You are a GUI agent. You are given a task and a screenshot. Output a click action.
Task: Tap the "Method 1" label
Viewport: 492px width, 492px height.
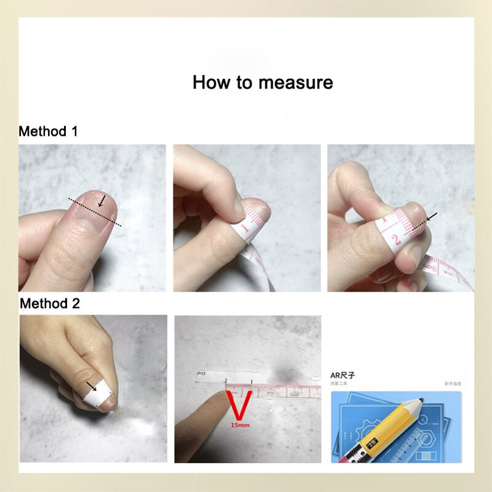pyautogui.click(x=48, y=131)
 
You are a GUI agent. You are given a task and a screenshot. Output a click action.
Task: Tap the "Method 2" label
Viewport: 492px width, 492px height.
pyautogui.click(x=49, y=303)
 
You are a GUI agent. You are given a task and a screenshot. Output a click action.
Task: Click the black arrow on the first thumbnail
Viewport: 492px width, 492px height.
pyautogui.click(x=102, y=201)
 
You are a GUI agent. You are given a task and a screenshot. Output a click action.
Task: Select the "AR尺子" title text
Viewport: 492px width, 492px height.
pyautogui.click(x=345, y=375)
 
